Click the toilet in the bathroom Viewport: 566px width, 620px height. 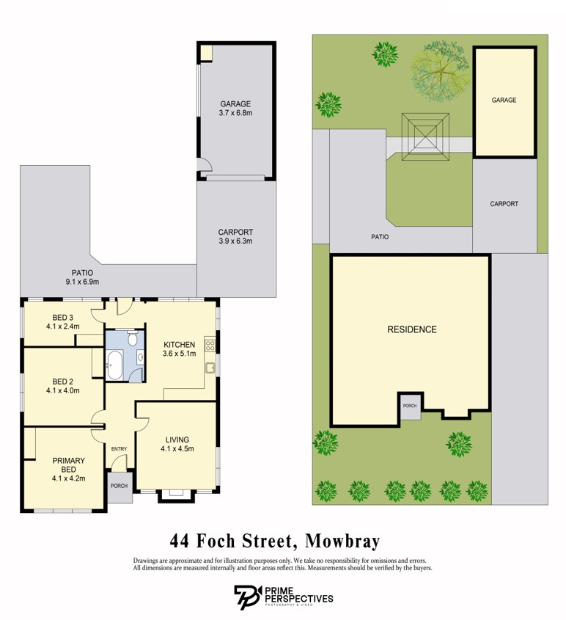click(132, 339)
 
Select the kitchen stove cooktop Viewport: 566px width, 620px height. click(210, 343)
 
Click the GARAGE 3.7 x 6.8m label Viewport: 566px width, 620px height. click(235, 109)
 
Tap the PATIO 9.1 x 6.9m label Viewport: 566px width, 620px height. click(81, 277)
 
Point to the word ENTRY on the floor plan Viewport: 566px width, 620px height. click(119, 449)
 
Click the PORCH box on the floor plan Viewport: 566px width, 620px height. click(119, 486)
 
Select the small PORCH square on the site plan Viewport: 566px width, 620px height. click(409, 406)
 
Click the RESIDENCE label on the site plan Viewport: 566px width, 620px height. click(411, 329)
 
